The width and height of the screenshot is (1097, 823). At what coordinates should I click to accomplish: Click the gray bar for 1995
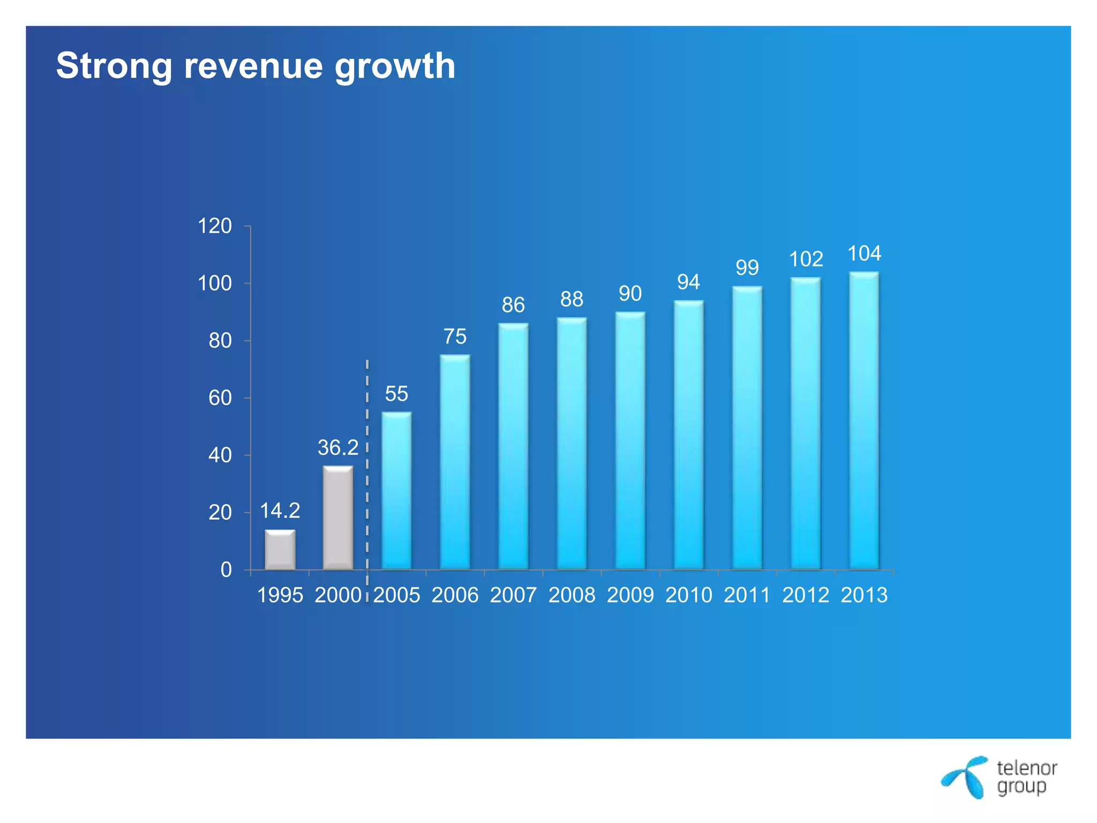coord(280,550)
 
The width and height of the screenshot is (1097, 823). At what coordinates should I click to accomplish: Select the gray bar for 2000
coord(338,518)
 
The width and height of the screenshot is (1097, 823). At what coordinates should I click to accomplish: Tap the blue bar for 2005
coord(396,490)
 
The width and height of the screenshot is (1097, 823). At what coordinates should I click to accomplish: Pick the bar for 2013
coord(864,421)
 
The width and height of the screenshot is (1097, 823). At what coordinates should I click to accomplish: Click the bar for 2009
coord(630,440)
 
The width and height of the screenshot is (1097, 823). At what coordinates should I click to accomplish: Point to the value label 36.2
coord(338,448)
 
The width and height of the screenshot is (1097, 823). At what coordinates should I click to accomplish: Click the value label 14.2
coord(280,511)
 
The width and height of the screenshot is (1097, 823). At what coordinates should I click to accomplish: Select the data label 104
coord(864,253)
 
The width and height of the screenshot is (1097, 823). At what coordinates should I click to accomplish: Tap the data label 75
coord(455,336)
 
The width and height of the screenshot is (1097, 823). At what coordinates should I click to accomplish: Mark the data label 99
coord(747,267)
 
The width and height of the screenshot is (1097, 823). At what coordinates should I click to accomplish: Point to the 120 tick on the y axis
coord(215,226)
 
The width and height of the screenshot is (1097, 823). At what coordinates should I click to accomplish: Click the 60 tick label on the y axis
coord(220,398)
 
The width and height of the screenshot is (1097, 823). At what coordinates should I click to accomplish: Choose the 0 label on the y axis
coord(226,570)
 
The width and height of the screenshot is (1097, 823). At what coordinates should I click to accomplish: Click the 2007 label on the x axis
coord(513,595)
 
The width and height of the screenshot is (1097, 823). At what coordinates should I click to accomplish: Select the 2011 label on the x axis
coord(747,595)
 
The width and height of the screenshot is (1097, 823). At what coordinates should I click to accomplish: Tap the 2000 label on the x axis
coord(338,595)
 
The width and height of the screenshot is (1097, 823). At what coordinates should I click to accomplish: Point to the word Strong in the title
coord(114,66)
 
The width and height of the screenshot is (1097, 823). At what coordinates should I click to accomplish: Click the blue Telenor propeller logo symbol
coord(966,777)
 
